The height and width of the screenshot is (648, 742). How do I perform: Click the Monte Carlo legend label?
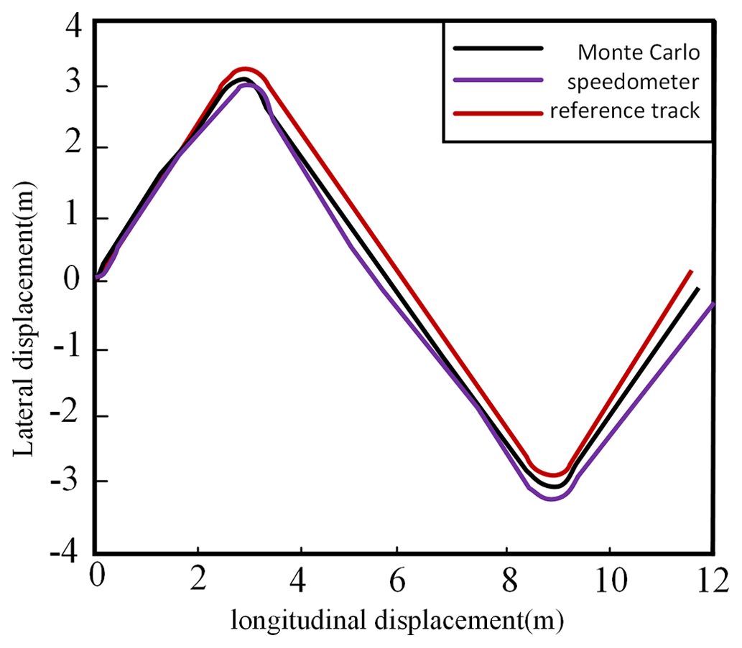639,53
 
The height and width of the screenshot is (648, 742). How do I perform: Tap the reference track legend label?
624,111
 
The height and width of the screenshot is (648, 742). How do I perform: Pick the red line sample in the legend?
496,111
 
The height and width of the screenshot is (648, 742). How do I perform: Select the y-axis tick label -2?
68,415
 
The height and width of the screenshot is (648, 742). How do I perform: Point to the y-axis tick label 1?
73,218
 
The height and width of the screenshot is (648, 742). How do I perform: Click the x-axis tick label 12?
710,578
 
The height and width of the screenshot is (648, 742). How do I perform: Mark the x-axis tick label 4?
300,578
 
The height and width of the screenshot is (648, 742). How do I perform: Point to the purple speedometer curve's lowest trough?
552,498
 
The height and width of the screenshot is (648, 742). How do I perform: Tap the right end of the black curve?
697,288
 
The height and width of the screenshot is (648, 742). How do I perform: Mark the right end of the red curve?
691,271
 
